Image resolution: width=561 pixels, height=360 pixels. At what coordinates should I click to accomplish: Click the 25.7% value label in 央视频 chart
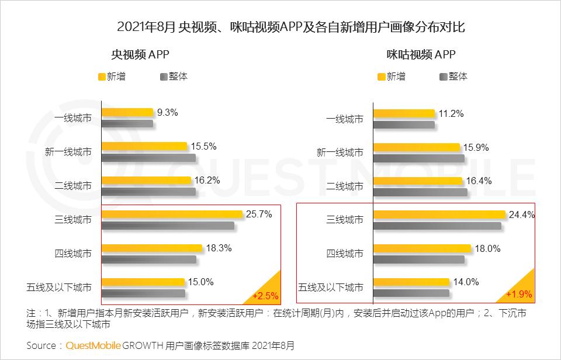[x=259, y=214]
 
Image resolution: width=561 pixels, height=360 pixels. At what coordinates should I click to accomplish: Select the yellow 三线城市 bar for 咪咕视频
[x=439, y=214]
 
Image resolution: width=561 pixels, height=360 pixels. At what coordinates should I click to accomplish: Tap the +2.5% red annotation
[x=265, y=295]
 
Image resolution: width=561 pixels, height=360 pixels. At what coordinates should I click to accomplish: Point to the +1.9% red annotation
[x=519, y=294]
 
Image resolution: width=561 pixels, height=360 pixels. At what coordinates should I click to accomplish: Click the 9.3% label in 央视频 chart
[x=167, y=113]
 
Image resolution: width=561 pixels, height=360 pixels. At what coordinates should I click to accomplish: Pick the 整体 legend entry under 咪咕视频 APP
[x=453, y=77]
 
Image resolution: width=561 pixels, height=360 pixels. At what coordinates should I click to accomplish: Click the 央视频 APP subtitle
[x=140, y=55]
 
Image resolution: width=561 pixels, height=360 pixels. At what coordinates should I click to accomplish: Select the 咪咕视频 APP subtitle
[x=421, y=55]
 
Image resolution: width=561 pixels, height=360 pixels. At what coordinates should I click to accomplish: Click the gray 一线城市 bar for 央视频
[x=127, y=123]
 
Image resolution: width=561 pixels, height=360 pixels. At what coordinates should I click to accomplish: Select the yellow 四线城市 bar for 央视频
[x=152, y=248]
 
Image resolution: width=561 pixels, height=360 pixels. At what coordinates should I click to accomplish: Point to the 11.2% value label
[x=452, y=114]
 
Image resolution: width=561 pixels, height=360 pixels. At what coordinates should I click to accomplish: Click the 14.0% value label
[x=466, y=282]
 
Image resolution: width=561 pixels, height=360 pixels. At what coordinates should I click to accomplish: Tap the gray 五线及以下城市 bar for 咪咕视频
[x=411, y=293]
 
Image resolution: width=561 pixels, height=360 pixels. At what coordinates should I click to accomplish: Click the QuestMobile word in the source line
[x=93, y=345]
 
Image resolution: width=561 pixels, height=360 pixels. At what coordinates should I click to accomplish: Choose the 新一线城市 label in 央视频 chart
[x=68, y=153]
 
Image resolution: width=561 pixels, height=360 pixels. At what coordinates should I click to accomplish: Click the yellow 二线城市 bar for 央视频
[x=147, y=181]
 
